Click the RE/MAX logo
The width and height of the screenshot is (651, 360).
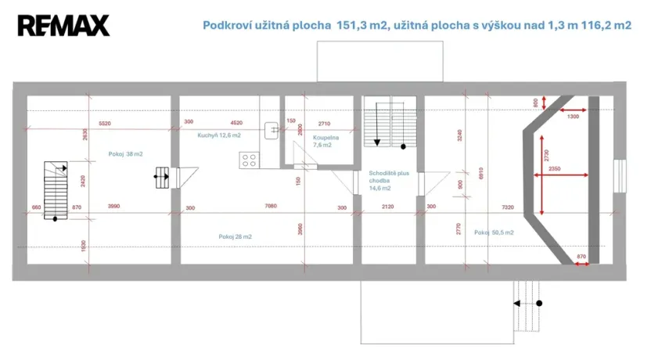[x=63, y=26]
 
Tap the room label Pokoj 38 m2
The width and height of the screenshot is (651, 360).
[x=126, y=154]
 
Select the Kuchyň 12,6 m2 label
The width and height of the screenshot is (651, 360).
[x=218, y=135]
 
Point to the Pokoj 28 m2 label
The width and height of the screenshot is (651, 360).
[x=235, y=236]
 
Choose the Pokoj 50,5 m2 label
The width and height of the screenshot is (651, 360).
[x=494, y=232]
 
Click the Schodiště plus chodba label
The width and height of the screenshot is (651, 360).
[x=387, y=180]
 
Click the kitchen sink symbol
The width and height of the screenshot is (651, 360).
[x=273, y=130]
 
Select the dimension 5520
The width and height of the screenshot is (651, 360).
[x=105, y=124]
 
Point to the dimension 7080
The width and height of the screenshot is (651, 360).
[x=271, y=207]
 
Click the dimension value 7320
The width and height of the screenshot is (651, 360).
[x=509, y=207]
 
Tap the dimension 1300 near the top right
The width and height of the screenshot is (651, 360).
[x=574, y=116]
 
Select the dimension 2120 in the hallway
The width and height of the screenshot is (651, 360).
[x=387, y=207]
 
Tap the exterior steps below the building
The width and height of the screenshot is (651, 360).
[x=526, y=304]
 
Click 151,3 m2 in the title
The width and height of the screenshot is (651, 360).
[x=361, y=25]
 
